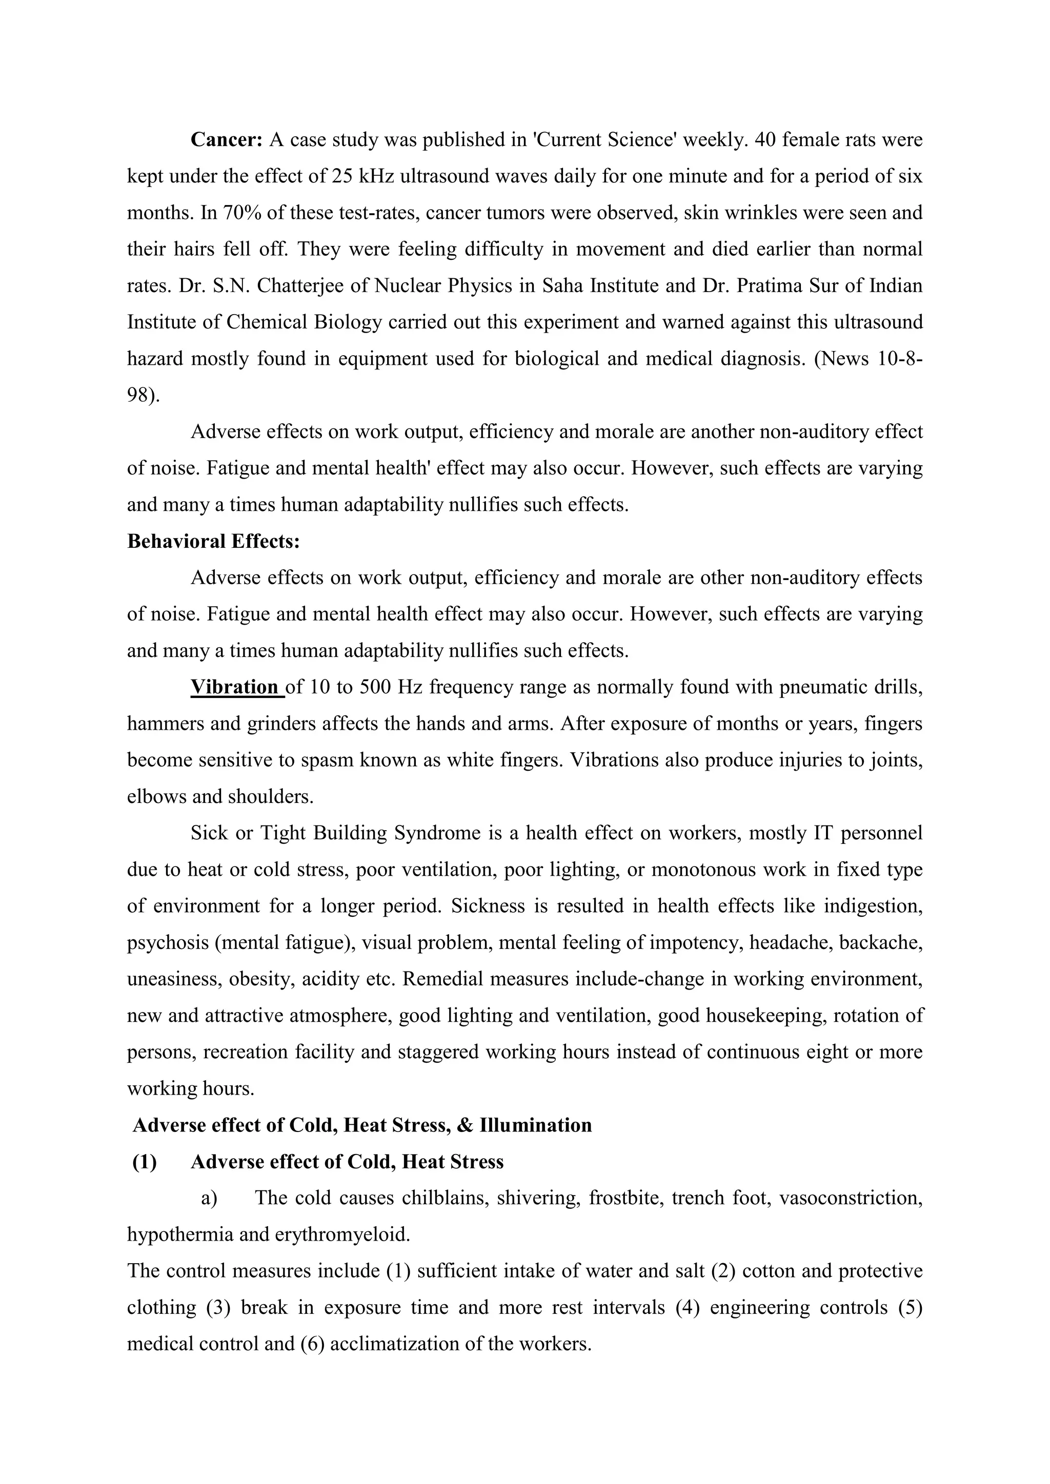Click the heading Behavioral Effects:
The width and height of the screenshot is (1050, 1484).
[x=213, y=542]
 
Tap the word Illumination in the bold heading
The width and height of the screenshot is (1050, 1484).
[x=535, y=1125]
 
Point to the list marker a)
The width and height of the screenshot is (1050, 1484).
[x=209, y=1198]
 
